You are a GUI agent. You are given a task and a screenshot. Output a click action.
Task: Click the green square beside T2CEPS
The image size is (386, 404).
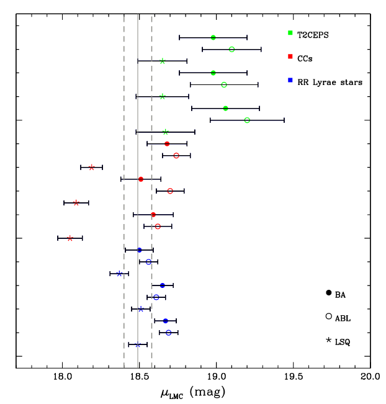290,33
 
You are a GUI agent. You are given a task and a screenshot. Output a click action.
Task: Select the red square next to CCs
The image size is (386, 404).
290,57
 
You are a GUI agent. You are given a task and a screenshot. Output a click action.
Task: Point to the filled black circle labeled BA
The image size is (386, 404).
328,292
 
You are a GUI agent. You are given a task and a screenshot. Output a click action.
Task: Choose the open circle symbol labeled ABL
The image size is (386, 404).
328,316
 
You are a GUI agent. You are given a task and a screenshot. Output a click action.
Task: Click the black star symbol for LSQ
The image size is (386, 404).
328,341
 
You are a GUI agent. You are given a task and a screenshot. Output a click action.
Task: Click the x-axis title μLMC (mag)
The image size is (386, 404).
194,393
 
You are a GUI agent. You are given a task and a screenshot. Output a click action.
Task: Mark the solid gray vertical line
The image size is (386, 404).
138,186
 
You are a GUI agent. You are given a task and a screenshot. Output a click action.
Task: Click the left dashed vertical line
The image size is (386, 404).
124,186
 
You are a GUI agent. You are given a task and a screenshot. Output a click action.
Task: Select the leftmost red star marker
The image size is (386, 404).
70,238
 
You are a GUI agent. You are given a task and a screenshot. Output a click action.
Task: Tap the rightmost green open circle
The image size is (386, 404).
247,120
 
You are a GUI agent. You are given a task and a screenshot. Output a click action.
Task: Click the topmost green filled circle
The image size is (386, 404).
213,37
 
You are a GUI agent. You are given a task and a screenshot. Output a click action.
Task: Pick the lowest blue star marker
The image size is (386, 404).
138,344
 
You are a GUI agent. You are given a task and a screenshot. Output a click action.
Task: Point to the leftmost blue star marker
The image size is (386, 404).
119,274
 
